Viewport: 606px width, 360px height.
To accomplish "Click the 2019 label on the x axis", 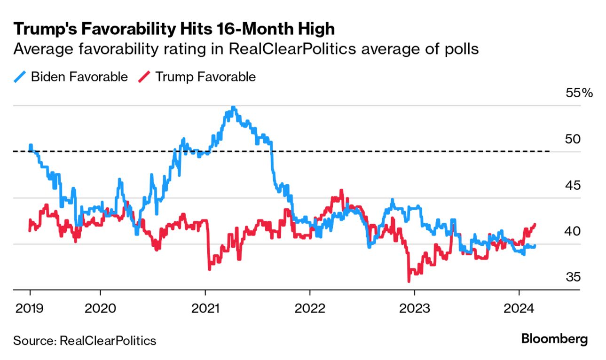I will (x=30, y=309).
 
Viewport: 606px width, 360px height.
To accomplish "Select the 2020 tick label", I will (x=101, y=309).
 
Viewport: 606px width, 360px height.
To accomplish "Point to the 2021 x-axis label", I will (x=205, y=309).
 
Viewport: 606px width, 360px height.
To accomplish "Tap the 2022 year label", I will (x=310, y=309).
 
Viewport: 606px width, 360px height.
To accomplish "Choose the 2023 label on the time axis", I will (x=414, y=309).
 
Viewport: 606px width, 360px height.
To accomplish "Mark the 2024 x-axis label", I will (x=519, y=309).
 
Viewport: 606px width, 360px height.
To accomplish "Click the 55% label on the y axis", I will (x=579, y=93).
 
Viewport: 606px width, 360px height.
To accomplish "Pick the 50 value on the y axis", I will (x=572, y=139).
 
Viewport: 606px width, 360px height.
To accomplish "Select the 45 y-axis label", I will (x=572, y=185).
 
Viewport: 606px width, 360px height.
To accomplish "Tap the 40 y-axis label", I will (x=572, y=231).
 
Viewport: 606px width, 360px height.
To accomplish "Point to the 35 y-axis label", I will (x=572, y=277).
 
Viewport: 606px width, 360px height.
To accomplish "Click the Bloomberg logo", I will (x=555, y=339).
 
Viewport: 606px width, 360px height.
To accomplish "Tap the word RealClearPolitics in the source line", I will (x=108, y=340).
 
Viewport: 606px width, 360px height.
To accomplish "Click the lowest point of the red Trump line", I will (x=409, y=281).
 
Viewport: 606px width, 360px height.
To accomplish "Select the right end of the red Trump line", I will (x=535, y=224).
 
